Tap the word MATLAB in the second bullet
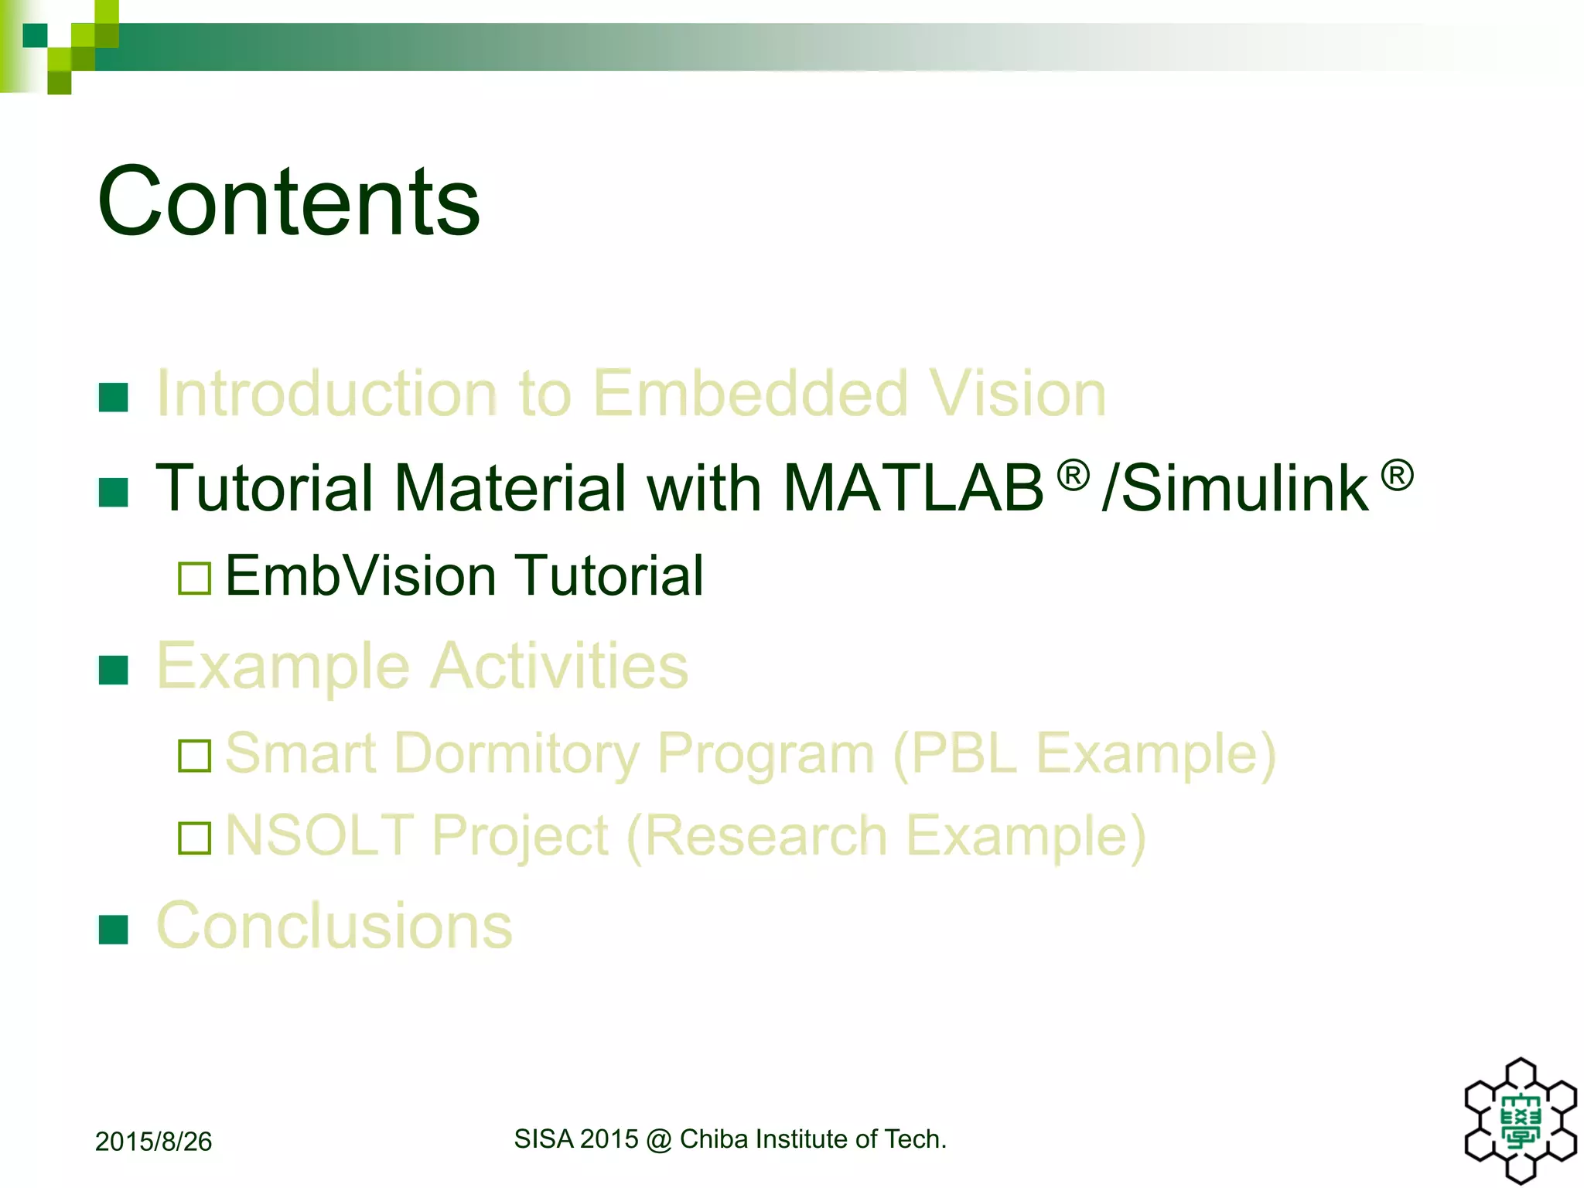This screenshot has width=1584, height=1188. pyautogui.click(x=913, y=489)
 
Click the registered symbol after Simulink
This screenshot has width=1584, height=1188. pyautogui.click(x=1397, y=475)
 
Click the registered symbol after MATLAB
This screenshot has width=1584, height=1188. pyautogui.click(x=1073, y=475)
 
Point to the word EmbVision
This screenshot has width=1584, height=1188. pyautogui.click(x=360, y=576)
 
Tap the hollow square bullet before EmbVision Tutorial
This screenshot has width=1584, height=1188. pyautogui.click(x=194, y=579)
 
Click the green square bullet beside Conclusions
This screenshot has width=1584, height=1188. pyautogui.click(x=114, y=930)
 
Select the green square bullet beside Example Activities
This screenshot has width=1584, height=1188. pyautogui.click(x=114, y=670)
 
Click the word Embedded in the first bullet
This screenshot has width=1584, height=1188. pyautogui.click(x=749, y=394)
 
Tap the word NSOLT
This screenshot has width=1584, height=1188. pyautogui.click(x=319, y=835)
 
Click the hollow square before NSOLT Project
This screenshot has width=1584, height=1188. pyautogui.click(x=194, y=838)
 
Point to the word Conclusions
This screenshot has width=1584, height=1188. pyautogui.click(x=334, y=926)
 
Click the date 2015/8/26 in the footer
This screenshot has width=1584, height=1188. pyautogui.click(x=153, y=1142)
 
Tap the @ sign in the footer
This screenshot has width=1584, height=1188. pyautogui.click(x=658, y=1140)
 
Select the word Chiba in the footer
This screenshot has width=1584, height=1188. pyautogui.click(x=713, y=1139)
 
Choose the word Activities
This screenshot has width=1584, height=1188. pyautogui.click(x=558, y=666)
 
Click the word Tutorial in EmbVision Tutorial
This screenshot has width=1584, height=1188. pyautogui.click(x=609, y=576)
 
